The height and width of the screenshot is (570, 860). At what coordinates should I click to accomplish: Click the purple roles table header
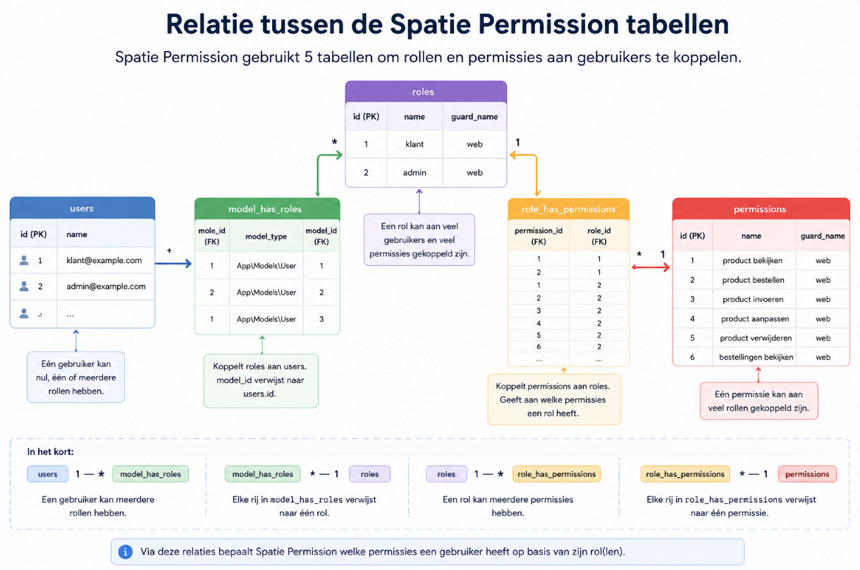click(x=426, y=92)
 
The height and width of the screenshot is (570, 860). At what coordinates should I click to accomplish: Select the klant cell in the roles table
click(x=414, y=144)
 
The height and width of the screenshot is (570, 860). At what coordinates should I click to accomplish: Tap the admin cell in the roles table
click(x=414, y=172)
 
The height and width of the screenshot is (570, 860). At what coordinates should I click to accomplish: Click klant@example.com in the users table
click(x=104, y=260)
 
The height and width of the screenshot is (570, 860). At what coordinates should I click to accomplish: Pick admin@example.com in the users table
click(x=106, y=286)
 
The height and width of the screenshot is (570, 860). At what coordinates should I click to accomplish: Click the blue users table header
click(x=82, y=208)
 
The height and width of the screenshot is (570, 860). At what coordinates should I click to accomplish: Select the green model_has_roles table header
click(x=267, y=209)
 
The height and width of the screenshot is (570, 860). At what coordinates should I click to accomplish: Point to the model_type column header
click(x=266, y=236)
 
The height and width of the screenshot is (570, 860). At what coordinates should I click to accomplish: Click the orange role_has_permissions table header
click(x=568, y=209)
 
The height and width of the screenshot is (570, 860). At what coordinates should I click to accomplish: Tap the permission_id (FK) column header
click(x=539, y=236)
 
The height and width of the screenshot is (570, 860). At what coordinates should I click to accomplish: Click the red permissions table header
click(x=761, y=209)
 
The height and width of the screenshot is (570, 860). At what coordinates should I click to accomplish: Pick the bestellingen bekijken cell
click(x=756, y=357)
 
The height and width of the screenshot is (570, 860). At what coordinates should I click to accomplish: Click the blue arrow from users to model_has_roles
click(x=173, y=264)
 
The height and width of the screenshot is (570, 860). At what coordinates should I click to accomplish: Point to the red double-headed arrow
click(x=651, y=267)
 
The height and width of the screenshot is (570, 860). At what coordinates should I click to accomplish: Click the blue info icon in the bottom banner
click(x=125, y=552)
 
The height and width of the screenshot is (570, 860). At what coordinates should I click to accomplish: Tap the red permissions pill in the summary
click(x=807, y=474)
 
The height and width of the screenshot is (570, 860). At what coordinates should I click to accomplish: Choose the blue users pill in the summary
click(x=48, y=474)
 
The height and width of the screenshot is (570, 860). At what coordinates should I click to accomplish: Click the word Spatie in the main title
click(x=431, y=25)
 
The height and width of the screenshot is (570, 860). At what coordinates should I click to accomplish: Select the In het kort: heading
click(x=50, y=451)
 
